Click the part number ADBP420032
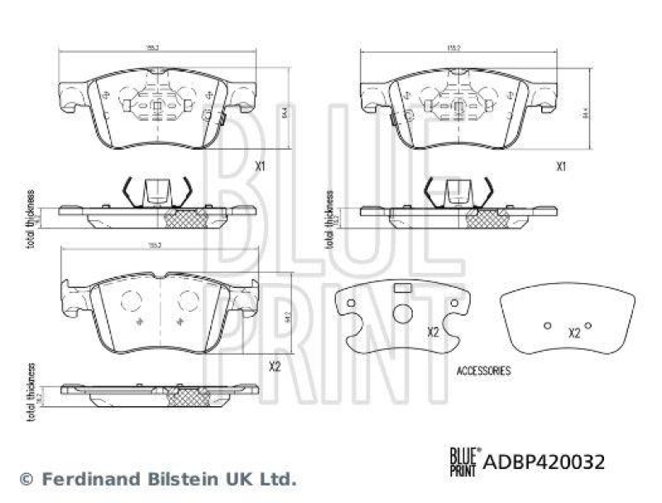(543, 462)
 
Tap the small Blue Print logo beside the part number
(463, 460)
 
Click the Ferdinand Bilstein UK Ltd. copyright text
(157, 478)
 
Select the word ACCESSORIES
(484, 371)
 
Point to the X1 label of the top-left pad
(259, 165)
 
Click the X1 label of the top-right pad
(560, 165)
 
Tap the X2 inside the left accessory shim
(432, 332)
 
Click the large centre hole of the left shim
(401, 314)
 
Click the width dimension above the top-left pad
(153, 49)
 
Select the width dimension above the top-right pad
(453, 49)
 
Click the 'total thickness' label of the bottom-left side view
(31, 391)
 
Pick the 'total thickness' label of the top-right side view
(329, 219)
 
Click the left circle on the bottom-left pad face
(131, 301)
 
